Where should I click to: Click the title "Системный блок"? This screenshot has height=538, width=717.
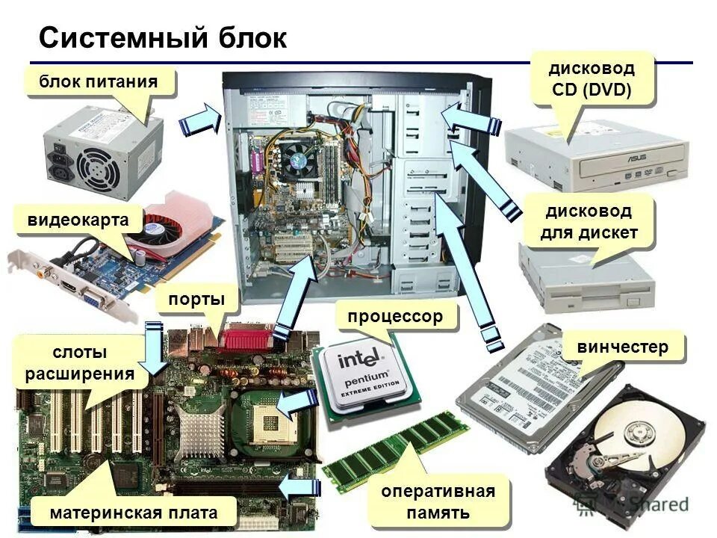tap(162, 38)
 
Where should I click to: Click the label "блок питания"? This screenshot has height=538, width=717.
tap(99, 81)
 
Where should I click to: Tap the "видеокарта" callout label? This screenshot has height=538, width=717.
tap(73, 220)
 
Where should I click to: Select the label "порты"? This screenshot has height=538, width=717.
tap(196, 299)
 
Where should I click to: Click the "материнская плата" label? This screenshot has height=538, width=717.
tap(134, 513)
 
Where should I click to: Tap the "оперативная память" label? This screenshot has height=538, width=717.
tap(438, 502)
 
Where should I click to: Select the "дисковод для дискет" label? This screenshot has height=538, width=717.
tap(589, 222)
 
